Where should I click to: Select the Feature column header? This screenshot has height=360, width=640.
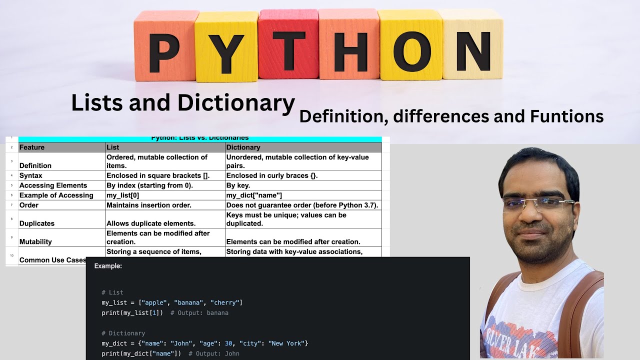pyautogui.click(x=32, y=147)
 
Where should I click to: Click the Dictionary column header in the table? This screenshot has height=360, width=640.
pyautogui.click(x=243, y=147)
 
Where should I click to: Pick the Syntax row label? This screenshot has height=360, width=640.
pyautogui.click(x=31, y=175)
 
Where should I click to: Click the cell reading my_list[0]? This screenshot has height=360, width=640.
pyautogui.click(x=123, y=195)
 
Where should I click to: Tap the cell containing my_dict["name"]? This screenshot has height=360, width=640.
pyautogui.click(x=254, y=195)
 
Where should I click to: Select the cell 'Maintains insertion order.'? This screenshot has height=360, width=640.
pyautogui.click(x=149, y=205)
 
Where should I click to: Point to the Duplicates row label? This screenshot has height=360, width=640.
pyautogui.click(x=37, y=223)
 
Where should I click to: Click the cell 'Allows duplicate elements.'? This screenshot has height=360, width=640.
pyautogui.click(x=151, y=223)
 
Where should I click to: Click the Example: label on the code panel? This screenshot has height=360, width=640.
pyautogui.click(x=108, y=266)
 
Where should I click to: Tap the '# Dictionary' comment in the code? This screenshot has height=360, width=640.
pyautogui.click(x=123, y=333)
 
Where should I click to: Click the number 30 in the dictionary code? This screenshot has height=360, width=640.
pyautogui.click(x=228, y=343)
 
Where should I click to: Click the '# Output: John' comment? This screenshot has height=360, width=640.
pyautogui.click(x=214, y=353)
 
